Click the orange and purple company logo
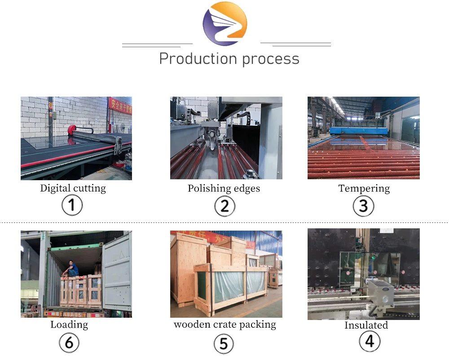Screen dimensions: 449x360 [x=224, y=23]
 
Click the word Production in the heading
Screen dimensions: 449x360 [x=198, y=59]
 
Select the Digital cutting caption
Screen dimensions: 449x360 [x=73, y=188]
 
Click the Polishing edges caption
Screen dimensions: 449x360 [x=224, y=188]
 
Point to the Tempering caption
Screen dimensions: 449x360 [x=364, y=188]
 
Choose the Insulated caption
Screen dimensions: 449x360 [x=366, y=325]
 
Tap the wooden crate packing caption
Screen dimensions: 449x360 [x=225, y=324]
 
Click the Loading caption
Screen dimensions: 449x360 [x=69, y=324]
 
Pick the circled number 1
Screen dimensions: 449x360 [x=72, y=206]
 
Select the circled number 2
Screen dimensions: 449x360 [x=224, y=206]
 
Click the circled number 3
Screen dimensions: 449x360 [x=363, y=206]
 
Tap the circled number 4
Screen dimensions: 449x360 [x=369, y=342]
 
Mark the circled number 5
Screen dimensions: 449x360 [x=224, y=344]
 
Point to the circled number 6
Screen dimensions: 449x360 [x=69, y=343]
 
